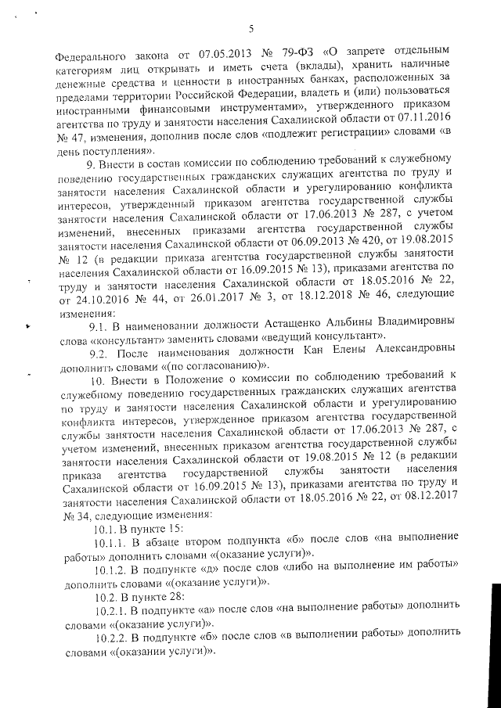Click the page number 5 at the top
[251, 29]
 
